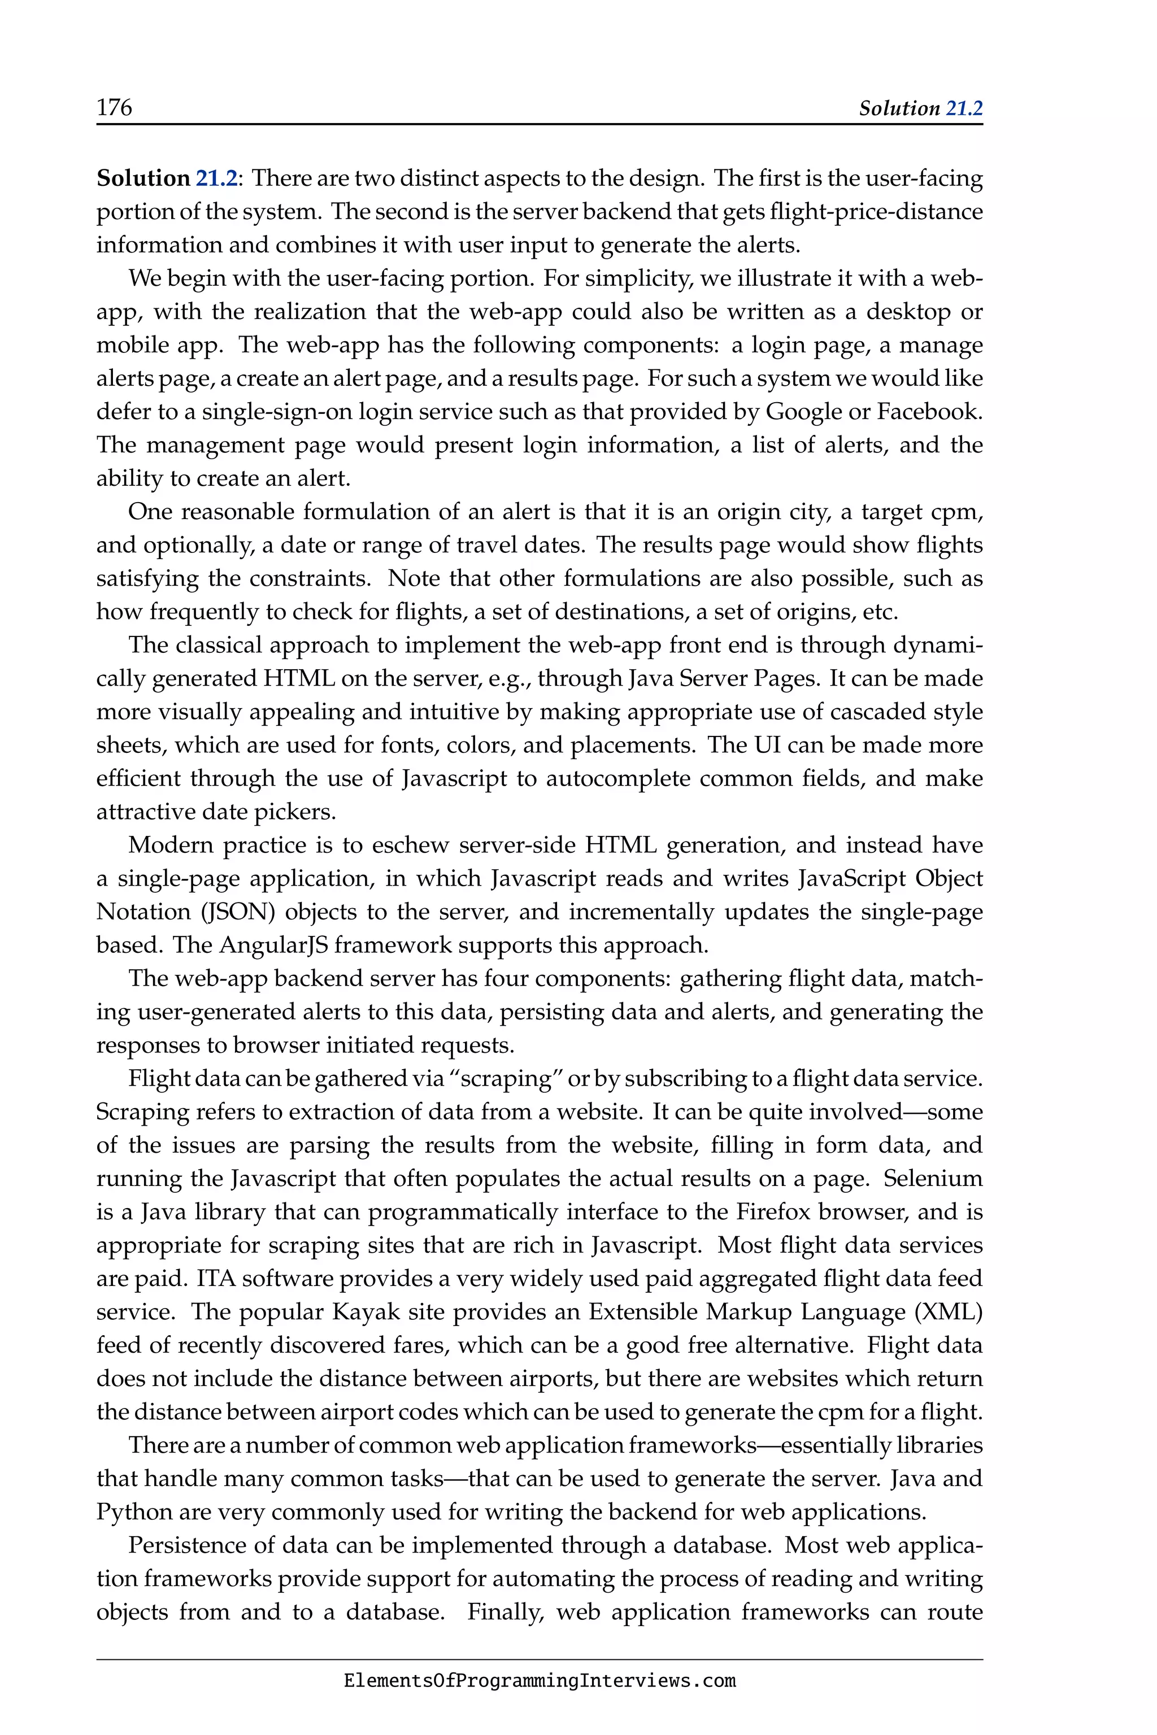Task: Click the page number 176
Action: tap(114, 108)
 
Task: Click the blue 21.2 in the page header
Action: tap(964, 108)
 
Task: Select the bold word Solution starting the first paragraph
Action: tap(143, 178)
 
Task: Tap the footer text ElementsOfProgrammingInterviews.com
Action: tap(540, 1682)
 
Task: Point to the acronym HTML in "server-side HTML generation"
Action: tap(620, 845)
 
